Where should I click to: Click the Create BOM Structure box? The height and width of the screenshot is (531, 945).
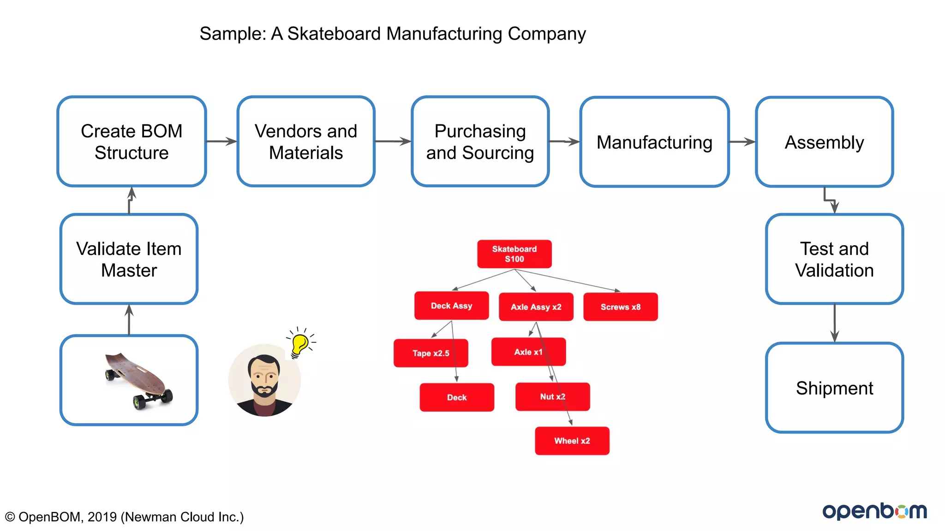[132, 142]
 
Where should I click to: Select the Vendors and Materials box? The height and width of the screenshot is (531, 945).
[306, 142]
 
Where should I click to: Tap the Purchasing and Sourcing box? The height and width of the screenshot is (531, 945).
[480, 142]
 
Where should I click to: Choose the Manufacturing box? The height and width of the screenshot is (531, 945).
[654, 142]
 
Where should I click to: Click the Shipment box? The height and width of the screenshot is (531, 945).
[834, 388]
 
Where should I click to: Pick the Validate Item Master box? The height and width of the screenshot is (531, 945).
[129, 259]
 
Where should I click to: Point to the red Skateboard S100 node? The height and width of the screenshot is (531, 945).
[514, 254]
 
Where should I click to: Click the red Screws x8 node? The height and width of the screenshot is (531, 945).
[620, 307]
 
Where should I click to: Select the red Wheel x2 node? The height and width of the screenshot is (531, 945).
[572, 441]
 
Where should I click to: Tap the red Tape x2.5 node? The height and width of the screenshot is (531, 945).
[431, 353]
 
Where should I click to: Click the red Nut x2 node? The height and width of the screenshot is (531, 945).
[552, 397]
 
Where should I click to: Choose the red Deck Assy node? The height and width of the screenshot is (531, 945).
[451, 306]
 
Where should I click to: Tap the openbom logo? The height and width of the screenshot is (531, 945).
[874, 511]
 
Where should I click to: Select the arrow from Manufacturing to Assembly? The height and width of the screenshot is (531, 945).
[742, 142]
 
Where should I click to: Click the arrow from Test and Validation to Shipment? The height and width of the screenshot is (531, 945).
[834, 323]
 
